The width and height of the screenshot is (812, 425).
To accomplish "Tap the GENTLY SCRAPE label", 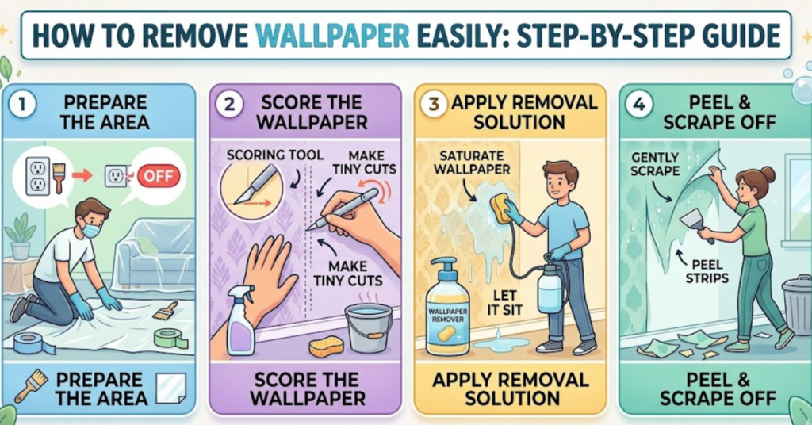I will click(x=657, y=165).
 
